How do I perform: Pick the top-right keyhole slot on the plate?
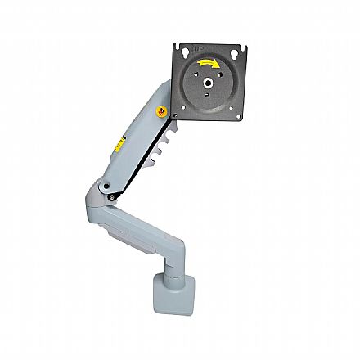tap(236, 54)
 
